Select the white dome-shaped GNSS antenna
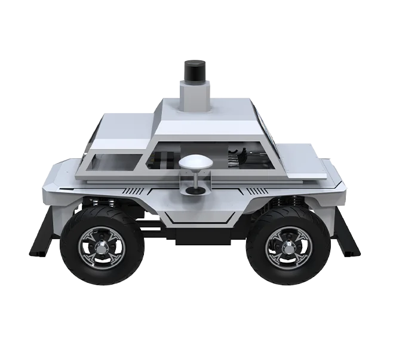coord(195,163)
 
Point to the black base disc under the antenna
coord(195,191)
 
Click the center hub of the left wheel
coord(102,247)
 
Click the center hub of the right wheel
coord(288,247)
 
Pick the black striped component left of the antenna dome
coord(161,160)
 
